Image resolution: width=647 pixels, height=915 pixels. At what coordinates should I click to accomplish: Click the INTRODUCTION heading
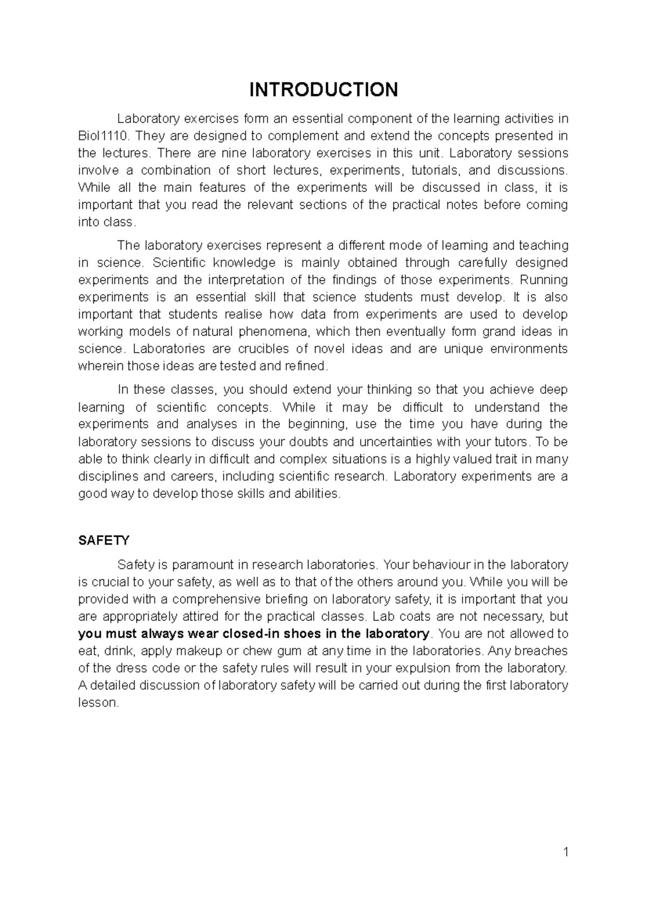(x=323, y=89)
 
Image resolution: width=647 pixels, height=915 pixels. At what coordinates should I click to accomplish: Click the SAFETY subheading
(x=104, y=540)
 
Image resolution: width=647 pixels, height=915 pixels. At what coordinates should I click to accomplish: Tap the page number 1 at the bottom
(x=566, y=852)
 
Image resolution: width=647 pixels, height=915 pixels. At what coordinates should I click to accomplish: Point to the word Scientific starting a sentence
(x=179, y=262)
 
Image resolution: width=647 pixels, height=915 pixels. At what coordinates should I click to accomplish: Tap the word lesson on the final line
(x=97, y=703)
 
